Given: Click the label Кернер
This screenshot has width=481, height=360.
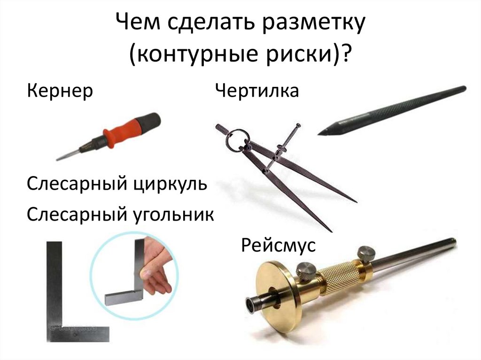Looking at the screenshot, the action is [x=60, y=91].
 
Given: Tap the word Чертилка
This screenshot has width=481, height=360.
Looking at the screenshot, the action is [x=257, y=91].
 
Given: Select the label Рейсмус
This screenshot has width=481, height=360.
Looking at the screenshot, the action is [x=278, y=245].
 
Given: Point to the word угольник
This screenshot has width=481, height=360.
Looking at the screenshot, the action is [x=173, y=214].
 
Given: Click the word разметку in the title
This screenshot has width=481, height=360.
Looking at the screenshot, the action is [x=313, y=23].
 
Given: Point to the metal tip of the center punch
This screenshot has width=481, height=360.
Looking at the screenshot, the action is [x=68, y=155].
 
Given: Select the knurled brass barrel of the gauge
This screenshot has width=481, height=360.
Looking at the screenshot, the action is [x=339, y=277].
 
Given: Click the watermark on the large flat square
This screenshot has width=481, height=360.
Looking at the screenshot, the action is [x=78, y=329].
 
